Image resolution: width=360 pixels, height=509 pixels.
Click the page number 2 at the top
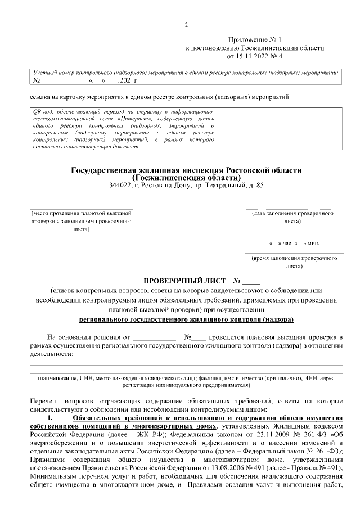186,24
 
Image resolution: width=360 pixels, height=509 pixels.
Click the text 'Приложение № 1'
254,40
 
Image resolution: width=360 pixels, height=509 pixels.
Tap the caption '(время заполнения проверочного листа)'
294,260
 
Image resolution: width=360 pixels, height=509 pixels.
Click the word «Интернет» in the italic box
133,120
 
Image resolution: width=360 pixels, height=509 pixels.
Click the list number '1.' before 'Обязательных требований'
51,418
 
